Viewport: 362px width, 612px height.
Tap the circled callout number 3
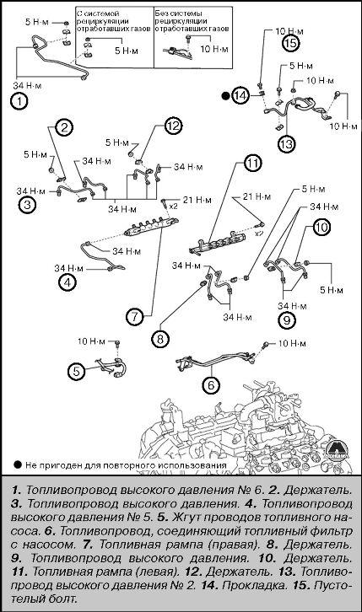[x=28, y=205]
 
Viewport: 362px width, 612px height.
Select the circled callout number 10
[x=321, y=227]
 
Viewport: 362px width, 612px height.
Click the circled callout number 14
[x=241, y=96]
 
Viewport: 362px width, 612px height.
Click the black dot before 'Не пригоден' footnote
[x=18, y=464]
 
